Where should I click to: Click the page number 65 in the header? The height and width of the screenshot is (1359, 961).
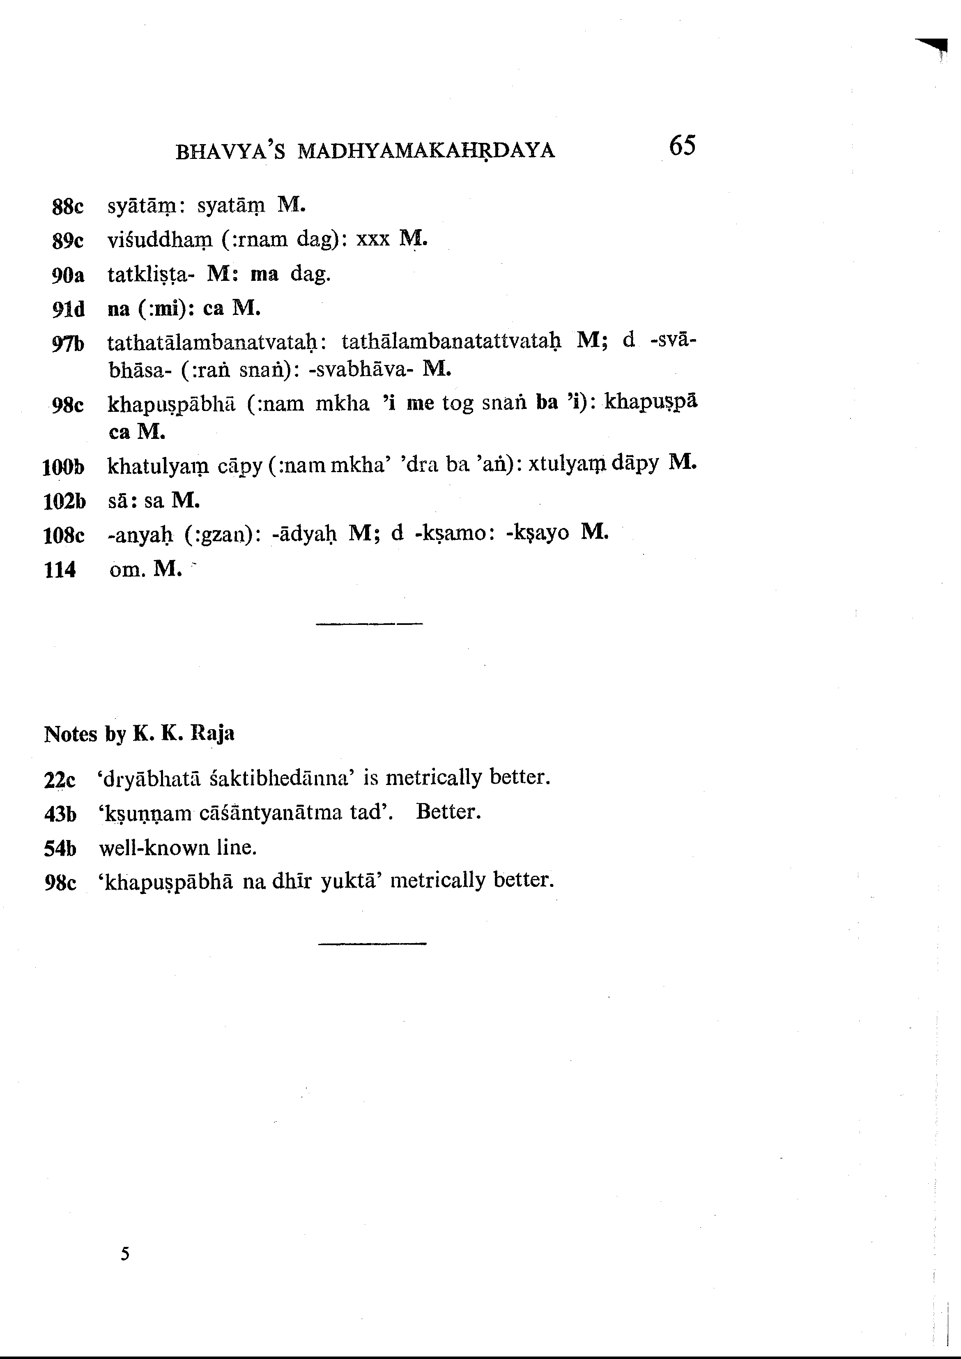pos(682,146)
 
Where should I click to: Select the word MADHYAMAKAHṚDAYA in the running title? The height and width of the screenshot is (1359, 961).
pos(426,152)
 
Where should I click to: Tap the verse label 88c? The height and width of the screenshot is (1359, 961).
pos(68,207)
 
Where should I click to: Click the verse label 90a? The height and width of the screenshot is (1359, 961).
pos(68,275)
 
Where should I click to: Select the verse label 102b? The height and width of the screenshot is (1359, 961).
pos(64,502)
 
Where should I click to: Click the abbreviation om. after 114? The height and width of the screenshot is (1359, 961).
pos(127,570)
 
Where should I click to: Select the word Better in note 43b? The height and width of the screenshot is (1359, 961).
pos(447,811)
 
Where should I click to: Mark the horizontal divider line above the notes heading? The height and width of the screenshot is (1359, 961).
pos(370,624)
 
